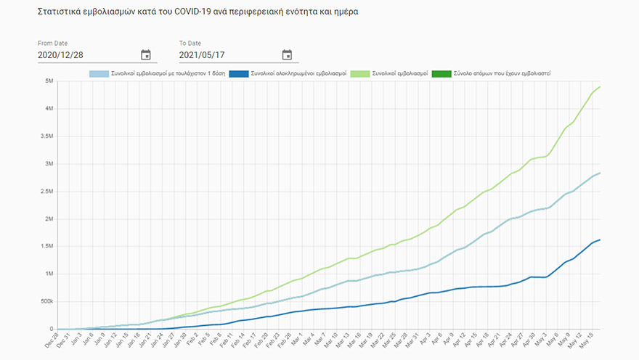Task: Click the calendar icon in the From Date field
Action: click(145, 54)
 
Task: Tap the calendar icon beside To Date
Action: click(287, 54)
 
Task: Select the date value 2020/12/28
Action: click(61, 54)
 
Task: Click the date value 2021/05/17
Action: click(203, 54)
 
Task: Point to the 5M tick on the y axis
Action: click(48, 81)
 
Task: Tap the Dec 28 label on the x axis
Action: click(52, 341)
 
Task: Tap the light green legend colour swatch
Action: click(358, 73)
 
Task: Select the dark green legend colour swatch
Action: click(441, 73)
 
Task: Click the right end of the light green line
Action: click(600, 87)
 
